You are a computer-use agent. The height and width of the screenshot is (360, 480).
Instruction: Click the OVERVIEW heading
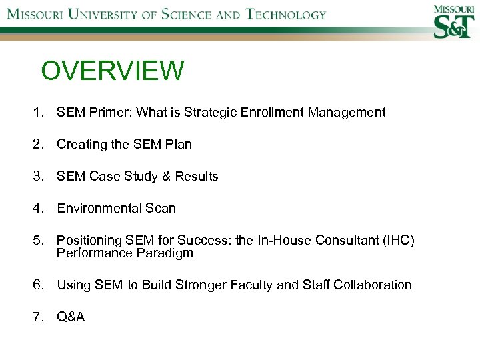(112, 71)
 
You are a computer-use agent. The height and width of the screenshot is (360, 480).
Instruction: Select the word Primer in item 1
(110, 113)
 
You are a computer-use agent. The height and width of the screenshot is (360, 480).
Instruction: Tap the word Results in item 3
(197, 176)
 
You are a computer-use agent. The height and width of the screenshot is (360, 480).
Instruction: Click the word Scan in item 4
(161, 208)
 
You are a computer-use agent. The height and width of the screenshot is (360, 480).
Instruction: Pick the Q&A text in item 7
(71, 317)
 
